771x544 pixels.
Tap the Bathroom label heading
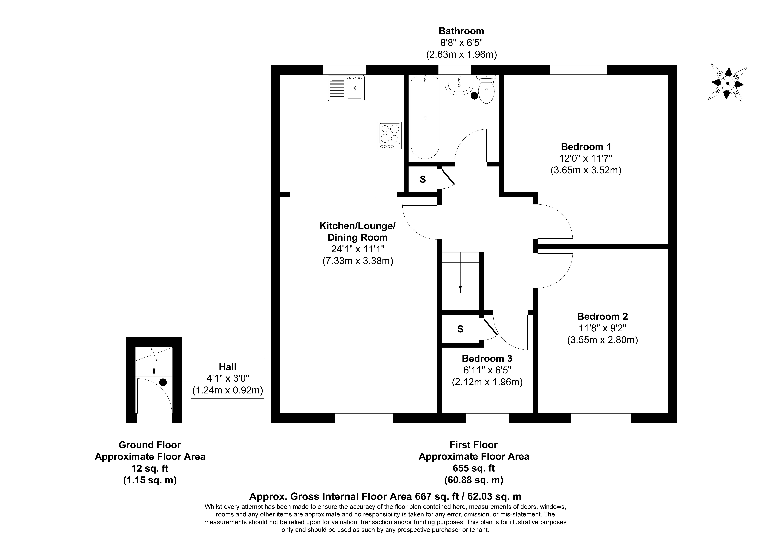pos(461,31)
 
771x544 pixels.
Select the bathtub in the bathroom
pos(425,117)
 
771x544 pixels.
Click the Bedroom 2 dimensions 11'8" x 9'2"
pos(602,328)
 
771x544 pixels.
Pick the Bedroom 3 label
pos(487,359)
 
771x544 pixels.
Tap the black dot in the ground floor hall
pos(163,382)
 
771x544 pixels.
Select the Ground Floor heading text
pos(150,445)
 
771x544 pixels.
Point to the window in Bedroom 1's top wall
pos(578,70)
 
